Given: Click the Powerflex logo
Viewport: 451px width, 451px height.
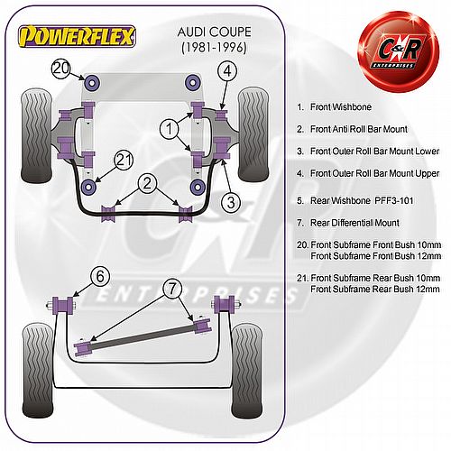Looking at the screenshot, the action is [77, 36].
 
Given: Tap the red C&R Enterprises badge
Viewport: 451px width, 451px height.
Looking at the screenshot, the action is [399, 51].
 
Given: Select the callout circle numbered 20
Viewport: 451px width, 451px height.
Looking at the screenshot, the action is [60, 69].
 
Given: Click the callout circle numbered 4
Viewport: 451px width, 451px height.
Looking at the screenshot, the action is [227, 71].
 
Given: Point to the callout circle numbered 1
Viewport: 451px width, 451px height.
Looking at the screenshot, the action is [170, 129].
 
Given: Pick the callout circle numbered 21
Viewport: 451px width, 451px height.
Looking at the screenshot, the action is [124, 160].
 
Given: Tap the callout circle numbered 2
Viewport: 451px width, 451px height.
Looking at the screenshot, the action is [147, 183].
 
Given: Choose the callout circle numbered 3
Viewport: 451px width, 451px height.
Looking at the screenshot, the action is [231, 202].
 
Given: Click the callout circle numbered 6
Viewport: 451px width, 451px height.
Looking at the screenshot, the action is [100, 276].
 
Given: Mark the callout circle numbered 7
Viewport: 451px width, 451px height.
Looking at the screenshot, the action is [172, 289].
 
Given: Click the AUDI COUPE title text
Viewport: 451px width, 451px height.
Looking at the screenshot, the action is [214, 32].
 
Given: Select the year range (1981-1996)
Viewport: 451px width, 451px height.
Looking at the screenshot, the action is [214, 48].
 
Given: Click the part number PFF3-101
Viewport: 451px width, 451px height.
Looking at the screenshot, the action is [394, 200].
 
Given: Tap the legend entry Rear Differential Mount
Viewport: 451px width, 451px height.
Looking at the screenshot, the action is [354, 223].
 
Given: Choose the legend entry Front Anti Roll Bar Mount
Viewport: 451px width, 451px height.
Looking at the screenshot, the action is [359, 129].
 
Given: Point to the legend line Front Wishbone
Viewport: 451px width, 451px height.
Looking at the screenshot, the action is [341, 106].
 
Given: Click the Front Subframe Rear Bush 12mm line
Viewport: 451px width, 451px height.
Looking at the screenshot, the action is [375, 290].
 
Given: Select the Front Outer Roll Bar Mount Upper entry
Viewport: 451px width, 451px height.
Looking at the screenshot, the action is [374, 173].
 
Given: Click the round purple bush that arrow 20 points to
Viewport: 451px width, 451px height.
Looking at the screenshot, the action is [93, 82].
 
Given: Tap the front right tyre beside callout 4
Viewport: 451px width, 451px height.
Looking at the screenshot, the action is [253, 135].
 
